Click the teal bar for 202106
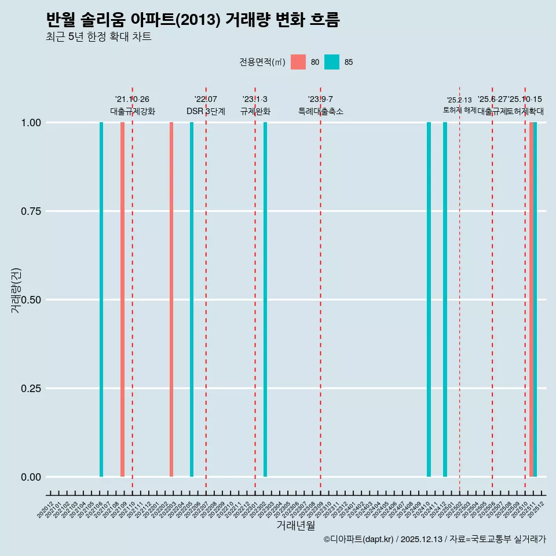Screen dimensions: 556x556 pos(101,299)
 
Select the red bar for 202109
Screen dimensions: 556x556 pos(122,299)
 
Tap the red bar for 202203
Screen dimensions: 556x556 pos(171,299)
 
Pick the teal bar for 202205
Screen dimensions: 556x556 pos(192,299)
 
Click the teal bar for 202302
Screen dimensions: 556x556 pos(265,299)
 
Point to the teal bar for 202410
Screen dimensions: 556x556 pos(429,299)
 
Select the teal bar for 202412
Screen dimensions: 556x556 pos(445,299)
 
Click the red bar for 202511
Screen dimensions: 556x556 pos(531,299)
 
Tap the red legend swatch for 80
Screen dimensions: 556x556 pos(298,62)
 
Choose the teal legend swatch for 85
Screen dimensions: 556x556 pos(332,62)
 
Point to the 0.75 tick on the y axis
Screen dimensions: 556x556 pos(30,211)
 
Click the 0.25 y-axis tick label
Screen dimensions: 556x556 pos(30,389)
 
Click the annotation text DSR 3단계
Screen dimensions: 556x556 pos(206,111)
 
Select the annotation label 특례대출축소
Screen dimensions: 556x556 pos(320,111)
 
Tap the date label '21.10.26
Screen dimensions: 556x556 pos(132,100)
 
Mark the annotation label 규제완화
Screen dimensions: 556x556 pos(255,111)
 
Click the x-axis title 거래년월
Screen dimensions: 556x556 pos(296,525)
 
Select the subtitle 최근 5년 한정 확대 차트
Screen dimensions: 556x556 pos(98,37)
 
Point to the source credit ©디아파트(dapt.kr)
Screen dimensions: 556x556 pos(359,540)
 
